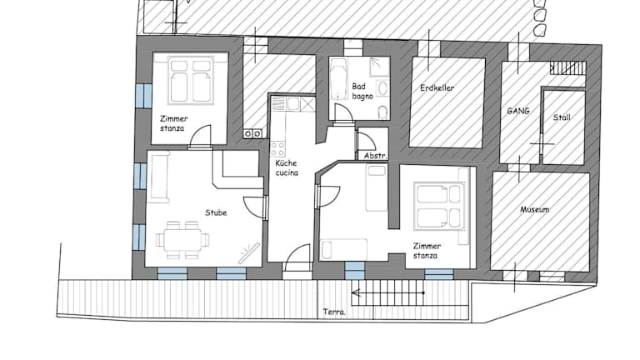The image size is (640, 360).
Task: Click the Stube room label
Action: [216, 212]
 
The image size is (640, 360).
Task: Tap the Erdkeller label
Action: [437, 87]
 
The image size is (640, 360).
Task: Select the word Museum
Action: [534, 210]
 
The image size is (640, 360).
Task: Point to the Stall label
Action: [562, 117]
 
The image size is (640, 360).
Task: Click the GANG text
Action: [518, 111]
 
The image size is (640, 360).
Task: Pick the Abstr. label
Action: [376, 156]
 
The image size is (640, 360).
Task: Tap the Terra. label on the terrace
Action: [334, 312]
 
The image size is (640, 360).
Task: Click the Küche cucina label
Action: [287, 167]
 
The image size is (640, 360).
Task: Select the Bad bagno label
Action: [362, 92]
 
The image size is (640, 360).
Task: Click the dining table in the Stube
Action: [182, 240]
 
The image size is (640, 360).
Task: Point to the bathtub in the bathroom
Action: [338, 79]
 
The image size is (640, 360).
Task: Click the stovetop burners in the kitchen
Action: [278, 148]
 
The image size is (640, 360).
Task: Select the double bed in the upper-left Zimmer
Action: [190, 80]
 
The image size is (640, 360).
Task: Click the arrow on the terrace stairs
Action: [387, 292]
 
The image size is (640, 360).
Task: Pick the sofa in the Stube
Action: [159, 177]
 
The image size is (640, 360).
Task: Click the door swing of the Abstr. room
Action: [367, 140]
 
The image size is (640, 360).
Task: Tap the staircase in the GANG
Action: [567, 68]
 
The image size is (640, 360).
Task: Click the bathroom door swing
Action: [343, 112]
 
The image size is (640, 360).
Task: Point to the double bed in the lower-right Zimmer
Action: [439, 205]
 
